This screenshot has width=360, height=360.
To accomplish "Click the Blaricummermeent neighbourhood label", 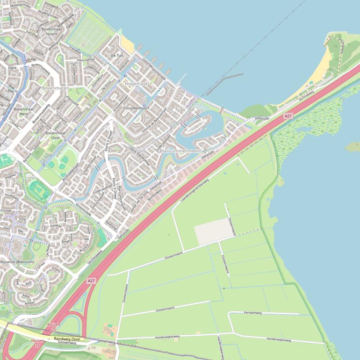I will pyautogui.click(x=180, y=151).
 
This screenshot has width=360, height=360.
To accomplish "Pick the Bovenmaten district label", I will pyautogui.click(x=55, y=88).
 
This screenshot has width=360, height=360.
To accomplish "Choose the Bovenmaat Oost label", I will pyautogui.click(x=55, y=135).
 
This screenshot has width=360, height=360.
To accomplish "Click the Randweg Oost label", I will pyautogui.click(x=67, y=339).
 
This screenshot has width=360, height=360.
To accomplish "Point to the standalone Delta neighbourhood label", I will pyautogui.click(x=13, y=68).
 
